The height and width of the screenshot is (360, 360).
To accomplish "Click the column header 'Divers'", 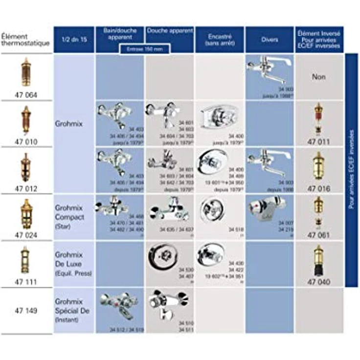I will point(269,39).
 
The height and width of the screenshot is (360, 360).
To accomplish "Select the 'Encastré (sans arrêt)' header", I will point(219,39).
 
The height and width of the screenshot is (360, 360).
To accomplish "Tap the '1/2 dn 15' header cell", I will point(74,39).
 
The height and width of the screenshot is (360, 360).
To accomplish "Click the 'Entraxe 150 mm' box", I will point(145,49).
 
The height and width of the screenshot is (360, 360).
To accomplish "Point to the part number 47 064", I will point(26,95).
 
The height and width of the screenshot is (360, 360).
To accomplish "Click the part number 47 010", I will point(26,142).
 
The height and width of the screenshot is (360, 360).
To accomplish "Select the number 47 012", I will point(26,188).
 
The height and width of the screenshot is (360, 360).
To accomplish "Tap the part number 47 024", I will point(26,235).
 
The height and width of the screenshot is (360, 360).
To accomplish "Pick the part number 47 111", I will point(26,282).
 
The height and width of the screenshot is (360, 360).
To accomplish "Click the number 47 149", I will point(26,311).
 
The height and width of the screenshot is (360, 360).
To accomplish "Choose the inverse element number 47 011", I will point(319,142).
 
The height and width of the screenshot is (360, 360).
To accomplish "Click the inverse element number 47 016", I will point(319,188).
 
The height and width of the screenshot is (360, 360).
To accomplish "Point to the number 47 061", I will point(319,235).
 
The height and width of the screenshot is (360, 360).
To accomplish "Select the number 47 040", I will point(319,282).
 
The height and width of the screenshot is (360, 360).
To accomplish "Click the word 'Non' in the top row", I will point(319,77).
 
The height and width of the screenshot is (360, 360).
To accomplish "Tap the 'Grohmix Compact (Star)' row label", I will point(69,217).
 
